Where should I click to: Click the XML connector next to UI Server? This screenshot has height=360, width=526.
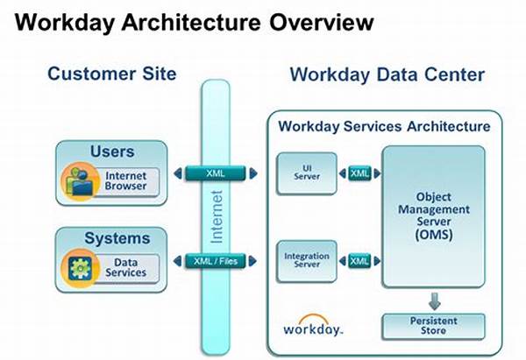pyautogui.click(x=359, y=173)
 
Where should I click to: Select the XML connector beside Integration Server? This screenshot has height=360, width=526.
pyautogui.click(x=359, y=261)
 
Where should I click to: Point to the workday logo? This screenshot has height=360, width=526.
pyautogui.click(x=313, y=326)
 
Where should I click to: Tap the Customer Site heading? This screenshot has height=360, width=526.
pyautogui.click(x=111, y=74)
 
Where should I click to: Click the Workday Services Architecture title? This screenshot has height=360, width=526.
pyautogui.click(x=384, y=126)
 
